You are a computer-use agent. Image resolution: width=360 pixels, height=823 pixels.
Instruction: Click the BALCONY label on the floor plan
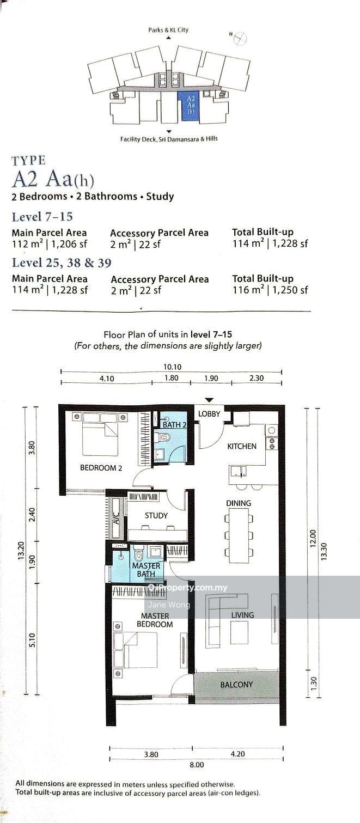(236, 685)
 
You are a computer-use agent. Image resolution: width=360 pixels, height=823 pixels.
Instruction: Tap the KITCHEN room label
(242, 446)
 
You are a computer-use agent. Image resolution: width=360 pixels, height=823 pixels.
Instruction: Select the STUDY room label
(156, 515)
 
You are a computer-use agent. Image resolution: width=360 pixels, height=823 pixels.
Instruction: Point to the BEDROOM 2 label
(101, 468)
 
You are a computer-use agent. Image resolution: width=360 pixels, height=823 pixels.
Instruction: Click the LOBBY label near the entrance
(209, 414)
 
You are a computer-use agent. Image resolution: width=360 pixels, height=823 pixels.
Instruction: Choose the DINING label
(239, 503)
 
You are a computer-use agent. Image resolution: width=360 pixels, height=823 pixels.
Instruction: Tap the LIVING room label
(242, 615)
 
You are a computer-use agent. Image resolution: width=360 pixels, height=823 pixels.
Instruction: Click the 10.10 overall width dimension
(172, 367)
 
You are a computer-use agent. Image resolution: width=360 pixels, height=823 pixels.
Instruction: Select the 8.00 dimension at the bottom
(197, 765)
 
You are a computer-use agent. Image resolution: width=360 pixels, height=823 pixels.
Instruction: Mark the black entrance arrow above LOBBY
(209, 400)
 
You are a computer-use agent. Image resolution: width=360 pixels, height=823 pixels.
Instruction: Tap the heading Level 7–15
(42, 217)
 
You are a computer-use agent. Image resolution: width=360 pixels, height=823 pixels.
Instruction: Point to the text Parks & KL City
(168, 30)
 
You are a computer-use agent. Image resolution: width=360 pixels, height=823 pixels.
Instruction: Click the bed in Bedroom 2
(100, 434)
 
